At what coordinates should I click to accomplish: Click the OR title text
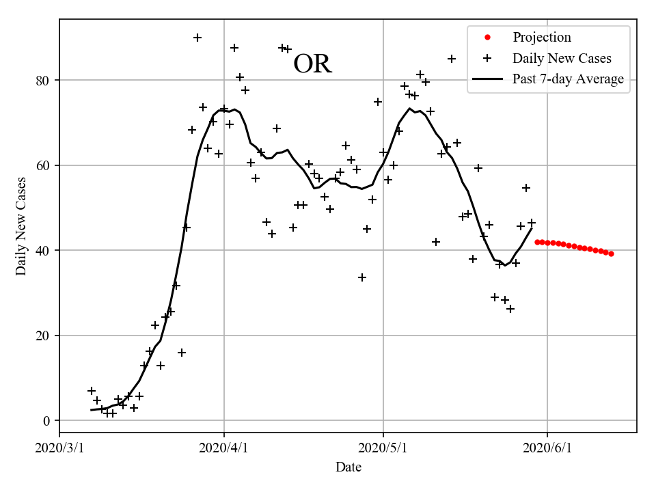pyautogui.click(x=312, y=64)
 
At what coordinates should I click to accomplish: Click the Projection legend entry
pyautogui.click(x=541, y=38)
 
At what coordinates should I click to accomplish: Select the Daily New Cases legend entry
pyautogui.click(x=562, y=59)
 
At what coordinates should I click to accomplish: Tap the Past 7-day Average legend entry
pyautogui.click(x=568, y=79)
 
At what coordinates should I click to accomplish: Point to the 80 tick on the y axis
pyautogui.click(x=46, y=81)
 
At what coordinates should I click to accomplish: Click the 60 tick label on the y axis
pyautogui.click(x=46, y=165)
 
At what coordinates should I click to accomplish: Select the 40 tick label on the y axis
pyautogui.click(x=46, y=251)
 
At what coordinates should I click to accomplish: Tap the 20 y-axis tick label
pyautogui.click(x=46, y=336)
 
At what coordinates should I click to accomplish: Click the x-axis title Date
pyautogui.click(x=348, y=468)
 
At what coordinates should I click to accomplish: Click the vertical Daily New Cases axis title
pyautogui.click(x=21, y=225)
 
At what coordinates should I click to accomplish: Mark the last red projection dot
pyautogui.click(x=611, y=254)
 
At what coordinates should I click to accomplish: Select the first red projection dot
pyautogui.click(x=537, y=242)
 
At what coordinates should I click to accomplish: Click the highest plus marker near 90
pyautogui.click(x=197, y=38)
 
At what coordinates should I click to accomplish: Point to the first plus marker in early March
pyautogui.click(x=92, y=391)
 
